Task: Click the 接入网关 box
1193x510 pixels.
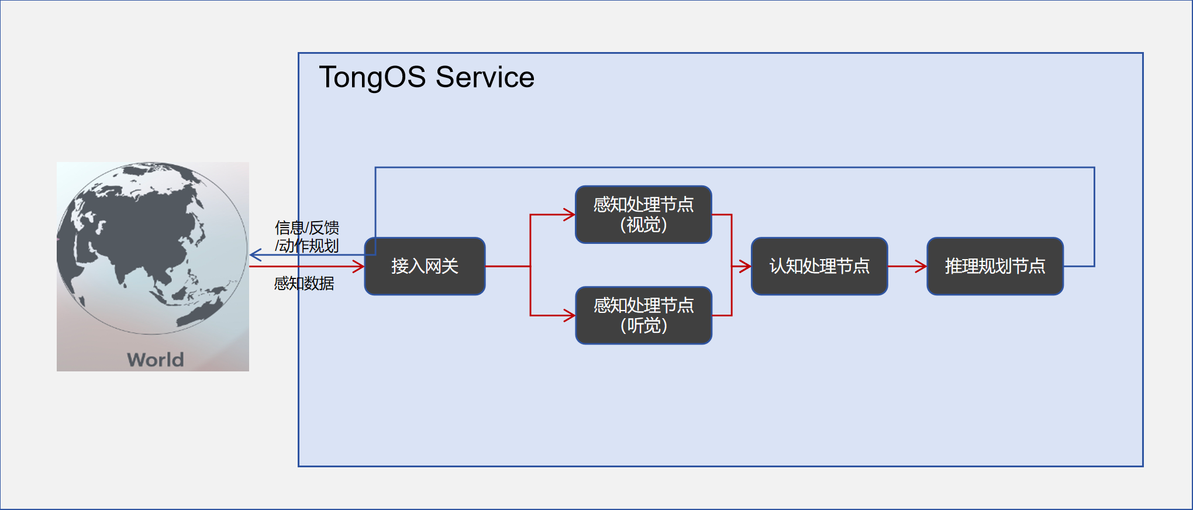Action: [425, 266]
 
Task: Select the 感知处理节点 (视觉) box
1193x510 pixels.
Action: [643, 215]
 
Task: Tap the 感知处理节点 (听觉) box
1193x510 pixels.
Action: [643, 315]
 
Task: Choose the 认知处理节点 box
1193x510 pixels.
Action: [819, 266]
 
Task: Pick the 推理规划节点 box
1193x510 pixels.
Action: [995, 266]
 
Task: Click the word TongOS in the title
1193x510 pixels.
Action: [372, 77]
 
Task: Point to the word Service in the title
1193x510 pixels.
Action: [485, 77]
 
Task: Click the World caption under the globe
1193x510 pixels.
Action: [156, 359]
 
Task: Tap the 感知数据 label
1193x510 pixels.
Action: [304, 284]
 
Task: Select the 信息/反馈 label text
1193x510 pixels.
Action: [307, 228]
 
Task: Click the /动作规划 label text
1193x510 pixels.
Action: [307, 246]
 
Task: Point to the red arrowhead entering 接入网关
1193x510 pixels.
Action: [358, 266]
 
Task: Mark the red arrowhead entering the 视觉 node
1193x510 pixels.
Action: [570, 215]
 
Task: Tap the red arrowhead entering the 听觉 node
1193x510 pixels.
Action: [570, 315]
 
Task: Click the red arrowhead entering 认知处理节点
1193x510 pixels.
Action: [745, 266]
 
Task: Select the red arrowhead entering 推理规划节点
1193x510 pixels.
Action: [921, 266]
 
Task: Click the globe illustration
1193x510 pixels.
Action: [152, 249]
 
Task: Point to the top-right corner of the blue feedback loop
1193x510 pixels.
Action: [1094, 168]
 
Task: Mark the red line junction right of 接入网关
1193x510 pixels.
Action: [530, 266]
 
